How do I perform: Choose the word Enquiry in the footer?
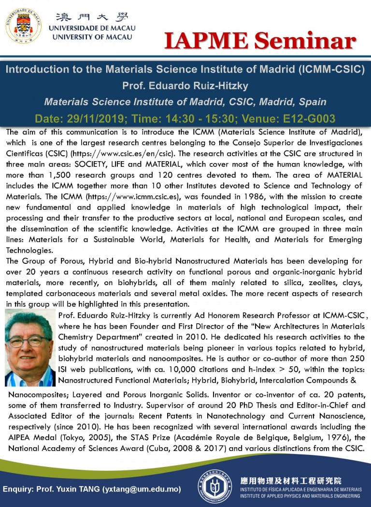(x=19, y=489)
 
